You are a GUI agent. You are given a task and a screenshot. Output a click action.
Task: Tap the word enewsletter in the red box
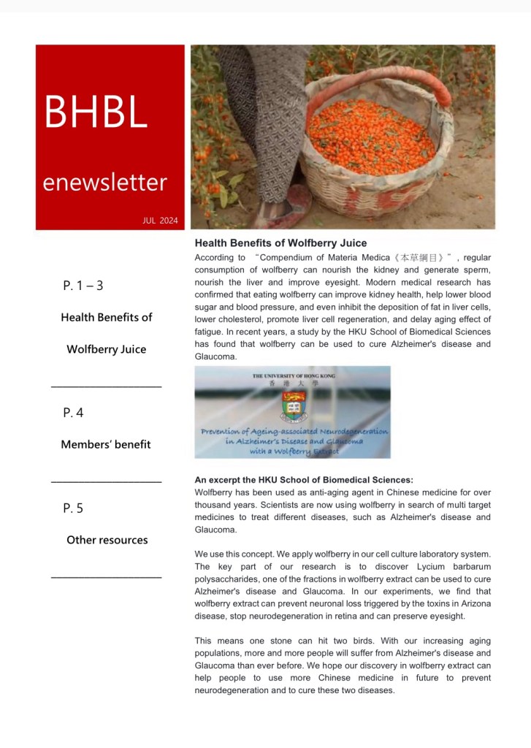(x=104, y=182)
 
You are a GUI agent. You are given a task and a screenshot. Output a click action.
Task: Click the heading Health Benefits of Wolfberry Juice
(x=280, y=243)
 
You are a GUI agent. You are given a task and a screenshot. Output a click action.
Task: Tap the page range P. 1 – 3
(x=83, y=286)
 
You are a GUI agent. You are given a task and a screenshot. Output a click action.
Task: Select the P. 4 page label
(x=73, y=413)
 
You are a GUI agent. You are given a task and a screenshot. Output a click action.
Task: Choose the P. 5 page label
(x=73, y=508)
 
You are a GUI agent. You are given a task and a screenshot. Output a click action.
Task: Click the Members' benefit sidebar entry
(x=106, y=444)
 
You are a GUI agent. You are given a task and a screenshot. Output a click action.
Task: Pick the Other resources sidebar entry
(x=107, y=540)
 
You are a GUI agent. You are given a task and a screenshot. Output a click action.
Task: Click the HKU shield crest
(x=294, y=406)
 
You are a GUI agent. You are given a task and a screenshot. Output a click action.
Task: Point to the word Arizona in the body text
(x=475, y=603)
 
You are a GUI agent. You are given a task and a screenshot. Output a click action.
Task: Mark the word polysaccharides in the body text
(x=230, y=579)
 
